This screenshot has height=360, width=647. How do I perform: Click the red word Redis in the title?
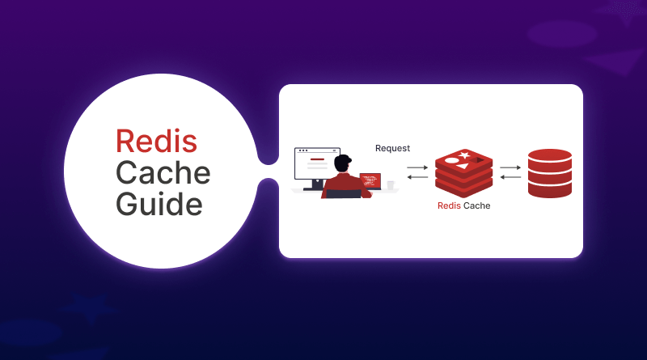156,141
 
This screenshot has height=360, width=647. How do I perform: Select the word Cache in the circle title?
163,172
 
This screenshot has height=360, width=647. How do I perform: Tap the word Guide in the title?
159,203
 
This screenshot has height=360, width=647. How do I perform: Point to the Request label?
392,148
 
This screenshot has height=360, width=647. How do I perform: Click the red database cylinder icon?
549,173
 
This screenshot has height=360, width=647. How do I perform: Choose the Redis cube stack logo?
463,172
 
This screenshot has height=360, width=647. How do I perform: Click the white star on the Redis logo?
464,155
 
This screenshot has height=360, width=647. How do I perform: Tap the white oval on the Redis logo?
451,160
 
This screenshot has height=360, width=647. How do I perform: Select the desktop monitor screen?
317,167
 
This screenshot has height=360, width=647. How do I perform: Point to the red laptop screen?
370,180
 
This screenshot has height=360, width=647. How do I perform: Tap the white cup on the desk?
391,185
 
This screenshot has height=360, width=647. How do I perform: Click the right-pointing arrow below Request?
417,167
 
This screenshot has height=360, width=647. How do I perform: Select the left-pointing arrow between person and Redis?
417,177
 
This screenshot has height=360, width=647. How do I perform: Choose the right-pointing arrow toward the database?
510,167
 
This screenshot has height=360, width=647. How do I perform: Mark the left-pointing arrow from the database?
510,177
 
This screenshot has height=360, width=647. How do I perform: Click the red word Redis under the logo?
449,205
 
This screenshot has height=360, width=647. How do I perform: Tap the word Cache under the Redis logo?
476,205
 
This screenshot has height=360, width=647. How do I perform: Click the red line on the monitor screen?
317,159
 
